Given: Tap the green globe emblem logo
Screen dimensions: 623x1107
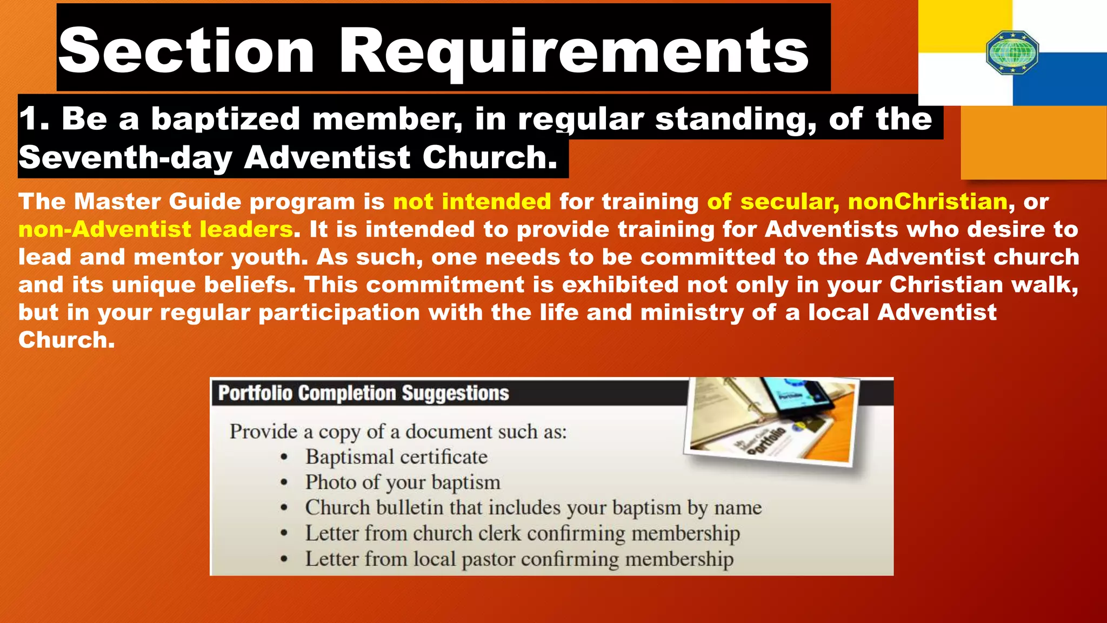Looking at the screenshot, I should [x=1012, y=52].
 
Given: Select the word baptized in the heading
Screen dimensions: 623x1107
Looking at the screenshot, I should [x=225, y=118].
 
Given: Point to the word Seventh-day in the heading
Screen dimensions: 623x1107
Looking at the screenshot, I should [x=125, y=157].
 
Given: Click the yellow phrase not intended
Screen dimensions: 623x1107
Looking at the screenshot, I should [x=472, y=202].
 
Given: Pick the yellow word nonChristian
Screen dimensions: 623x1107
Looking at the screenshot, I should [x=928, y=202].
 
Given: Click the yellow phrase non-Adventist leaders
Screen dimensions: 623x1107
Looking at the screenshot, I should [x=156, y=229].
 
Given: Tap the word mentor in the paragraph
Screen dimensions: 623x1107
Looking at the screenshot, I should [x=178, y=257].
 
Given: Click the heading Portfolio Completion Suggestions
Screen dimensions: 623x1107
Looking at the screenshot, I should [x=363, y=393].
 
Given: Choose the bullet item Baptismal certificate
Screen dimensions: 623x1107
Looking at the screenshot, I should [x=396, y=457].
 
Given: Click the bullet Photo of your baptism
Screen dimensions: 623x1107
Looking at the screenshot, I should [x=403, y=482].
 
